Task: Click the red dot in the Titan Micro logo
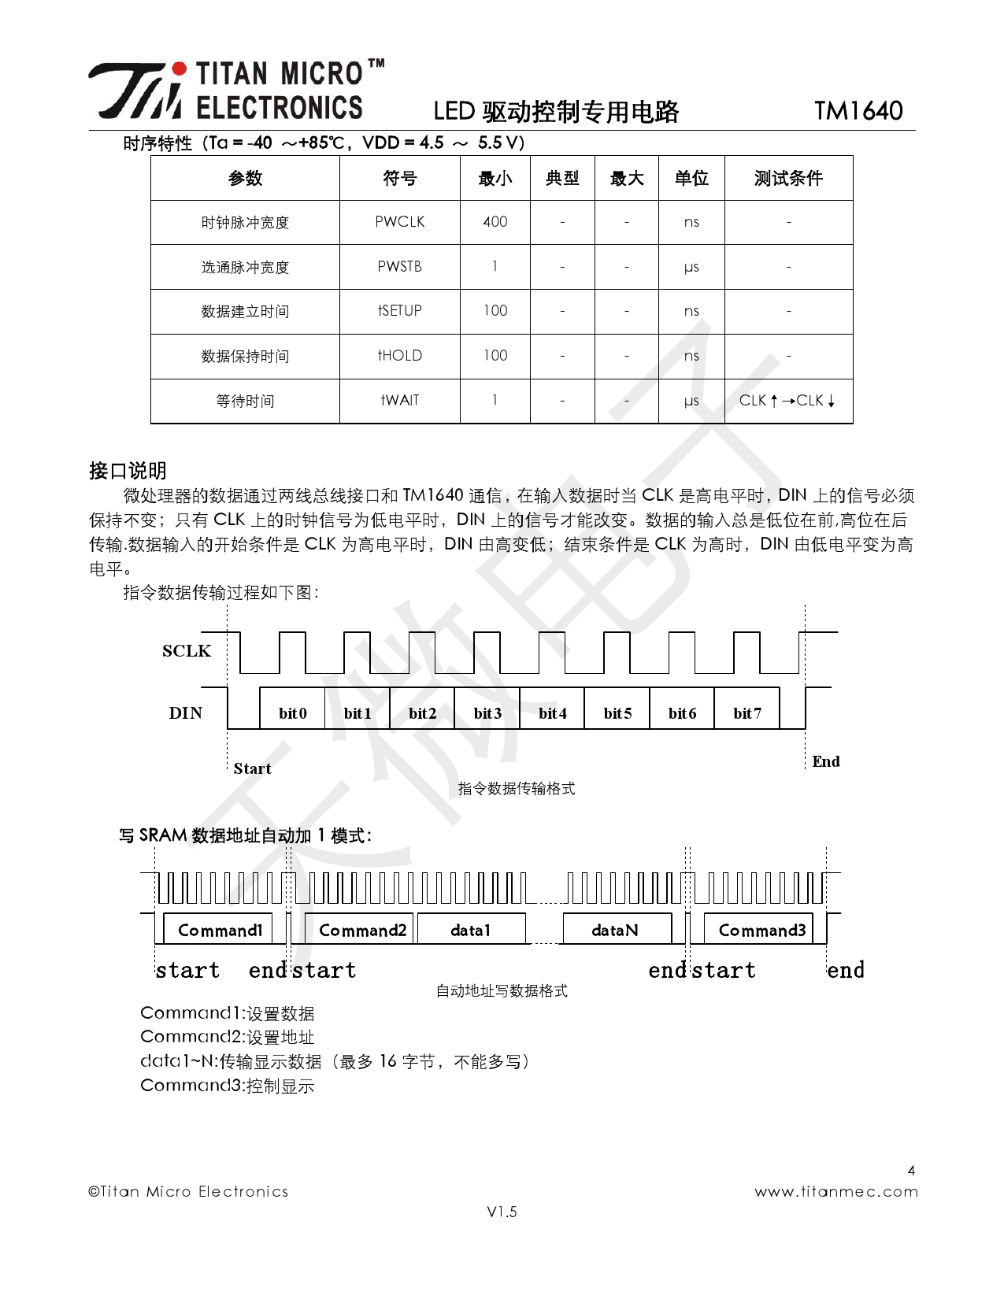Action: pyautogui.click(x=180, y=69)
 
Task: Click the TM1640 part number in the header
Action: pyautogui.click(x=858, y=111)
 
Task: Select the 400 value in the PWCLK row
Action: pyautogui.click(x=495, y=222)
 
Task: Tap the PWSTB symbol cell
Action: pyautogui.click(x=399, y=267)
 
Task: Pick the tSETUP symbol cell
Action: pyautogui.click(x=399, y=311)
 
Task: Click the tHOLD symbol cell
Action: pyautogui.click(x=399, y=356)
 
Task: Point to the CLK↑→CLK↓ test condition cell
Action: pyautogui.click(x=787, y=401)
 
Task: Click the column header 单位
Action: pyautogui.click(x=691, y=179)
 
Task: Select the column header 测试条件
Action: pyautogui.click(x=787, y=179)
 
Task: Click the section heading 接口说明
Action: pyautogui.click(x=128, y=471)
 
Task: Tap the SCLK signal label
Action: pyautogui.click(x=187, y=651)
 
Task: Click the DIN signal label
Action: pyautogui.click(x=186, y=713)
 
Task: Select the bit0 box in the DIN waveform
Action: pyautogui.click(x=292, y=713)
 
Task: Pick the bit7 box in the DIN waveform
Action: pyautogui.click(x=747, y=713)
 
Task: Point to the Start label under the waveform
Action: pyautogui.click(x=252, y=768)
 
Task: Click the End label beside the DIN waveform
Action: pyautogui.click(x=825, y=761)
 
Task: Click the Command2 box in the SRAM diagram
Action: pyautogui.click(x=362, y=930)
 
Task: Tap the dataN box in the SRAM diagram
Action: pyautogui.click(x=616, y=930)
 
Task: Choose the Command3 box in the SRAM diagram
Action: pyautogui.click(x=762, y=930)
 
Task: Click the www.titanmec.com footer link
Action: pyautogui.click(x=835, y=1192)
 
